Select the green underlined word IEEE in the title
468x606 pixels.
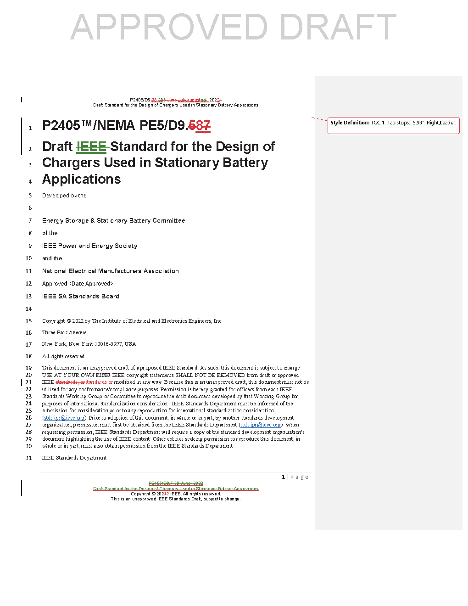click(x=91, y=147)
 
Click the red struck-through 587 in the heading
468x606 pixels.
click(x=200, y=126)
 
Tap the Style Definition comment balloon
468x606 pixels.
click(x=393, y=125)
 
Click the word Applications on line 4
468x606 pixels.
click(x=82, y=180)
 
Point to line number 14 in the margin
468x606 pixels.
click(x=28, y=309)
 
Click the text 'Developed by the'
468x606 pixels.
click(x=64, y=196)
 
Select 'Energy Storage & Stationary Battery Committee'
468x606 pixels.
click(x=113, y=221)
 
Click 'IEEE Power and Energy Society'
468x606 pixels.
click(x=89, y=246)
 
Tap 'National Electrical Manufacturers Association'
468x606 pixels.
click(x=111, y=271)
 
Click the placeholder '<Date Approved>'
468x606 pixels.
click(x=91, y=284)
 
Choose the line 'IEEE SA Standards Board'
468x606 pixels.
click(x=81, y=297)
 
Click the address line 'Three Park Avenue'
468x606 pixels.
click(x=64, y=332)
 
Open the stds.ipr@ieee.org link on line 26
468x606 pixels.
click(x=64, y=418)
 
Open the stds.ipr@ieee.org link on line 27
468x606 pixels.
click(x=261, y=425)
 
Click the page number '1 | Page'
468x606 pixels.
click(x=295, y=477)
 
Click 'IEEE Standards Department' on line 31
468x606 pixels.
click(x=74, y=458)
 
